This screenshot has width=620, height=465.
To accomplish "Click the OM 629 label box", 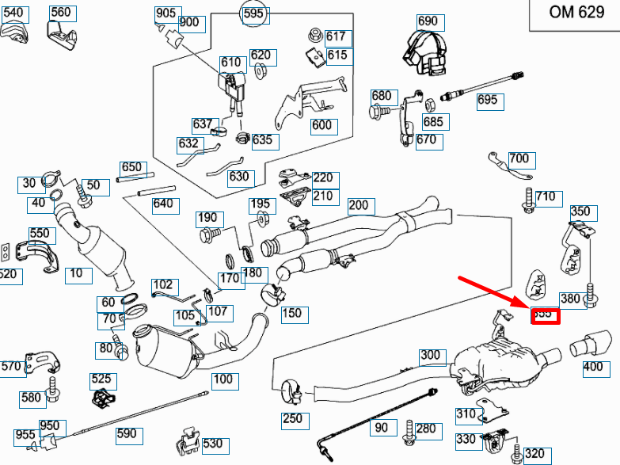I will [576, 13].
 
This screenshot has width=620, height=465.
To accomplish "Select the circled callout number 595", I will [253, 14].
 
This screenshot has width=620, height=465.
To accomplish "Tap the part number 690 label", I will [427, 21].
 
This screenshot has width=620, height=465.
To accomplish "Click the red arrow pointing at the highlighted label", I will [494, 292].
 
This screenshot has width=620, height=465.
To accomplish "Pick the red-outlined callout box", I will [544, 315].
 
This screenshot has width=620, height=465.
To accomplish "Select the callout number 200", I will [359, 205].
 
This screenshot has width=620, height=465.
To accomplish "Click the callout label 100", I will [223, 379].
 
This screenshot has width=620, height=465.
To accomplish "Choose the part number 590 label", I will [126, 433].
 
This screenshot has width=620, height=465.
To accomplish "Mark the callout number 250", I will [292, 418].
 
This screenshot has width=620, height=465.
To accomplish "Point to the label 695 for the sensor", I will [488, 100].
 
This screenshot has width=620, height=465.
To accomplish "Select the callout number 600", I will [322, 126].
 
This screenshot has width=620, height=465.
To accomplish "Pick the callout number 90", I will [382, 429].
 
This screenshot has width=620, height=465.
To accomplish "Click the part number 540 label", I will [16, 13].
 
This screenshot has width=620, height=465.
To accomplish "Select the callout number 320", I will [534, 454].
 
